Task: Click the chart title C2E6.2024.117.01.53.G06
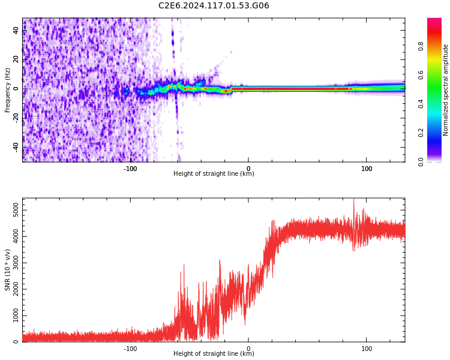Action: click(x=214, y=6)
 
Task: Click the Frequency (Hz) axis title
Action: click(x=8, y=90)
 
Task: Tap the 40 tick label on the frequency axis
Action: click(x=16, y=31)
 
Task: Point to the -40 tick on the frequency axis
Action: click(x=16, y=147)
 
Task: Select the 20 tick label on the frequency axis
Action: click(x=16, y=59)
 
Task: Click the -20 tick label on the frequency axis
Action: click(x=16, y=118)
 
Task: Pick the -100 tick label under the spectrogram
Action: click(x=130, y=169)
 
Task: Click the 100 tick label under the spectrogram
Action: click(x=367, y=169)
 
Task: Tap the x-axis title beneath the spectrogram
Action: click(x=214, y=174)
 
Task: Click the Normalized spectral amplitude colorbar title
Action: click(x=446, y=90)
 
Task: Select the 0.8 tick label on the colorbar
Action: click(x=437, y=46)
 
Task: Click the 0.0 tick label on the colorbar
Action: click(x=437, y=161)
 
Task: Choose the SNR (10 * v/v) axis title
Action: click(x=8, y=270)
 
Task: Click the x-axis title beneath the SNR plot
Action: click(x=214, y=354)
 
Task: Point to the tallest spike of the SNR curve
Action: click(x=353, y=200)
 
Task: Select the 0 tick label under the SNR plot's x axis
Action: click(x=248, y=349)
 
